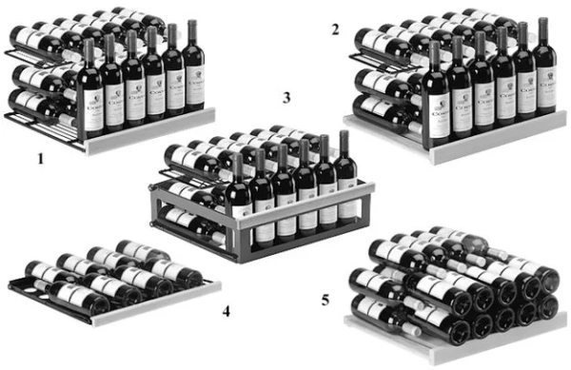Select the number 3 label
[285, 98]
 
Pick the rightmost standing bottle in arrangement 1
[193, 71]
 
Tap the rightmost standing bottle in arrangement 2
[544, 71]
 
